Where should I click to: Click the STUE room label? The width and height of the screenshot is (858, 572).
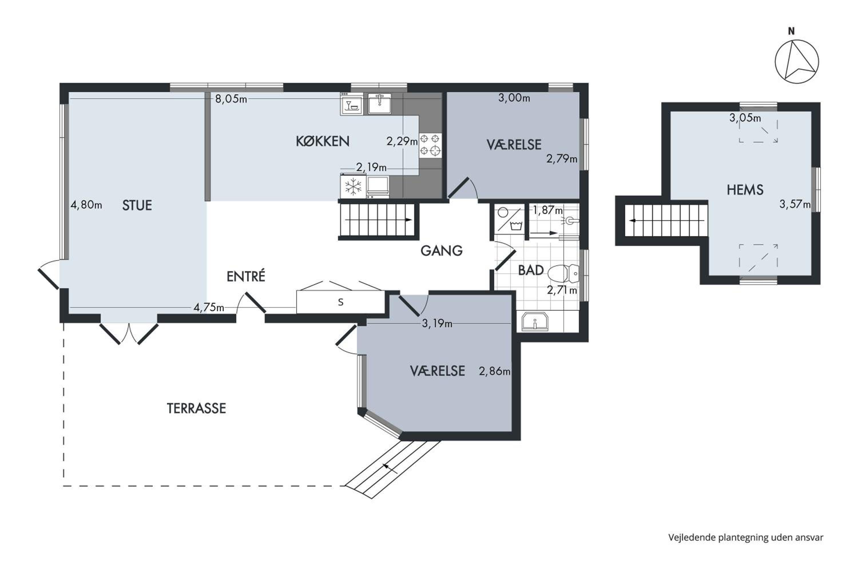pos(137,205)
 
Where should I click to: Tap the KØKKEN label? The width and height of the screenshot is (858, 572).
pos(323,141)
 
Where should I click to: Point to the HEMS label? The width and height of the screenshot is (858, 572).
pos(745,190)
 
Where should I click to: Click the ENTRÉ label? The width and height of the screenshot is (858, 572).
pos(246,276)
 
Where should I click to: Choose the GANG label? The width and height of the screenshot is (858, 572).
pos(441,251)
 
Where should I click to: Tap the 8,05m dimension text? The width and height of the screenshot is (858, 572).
pos(231,99)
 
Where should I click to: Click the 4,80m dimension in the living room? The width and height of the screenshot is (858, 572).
pos(86,205)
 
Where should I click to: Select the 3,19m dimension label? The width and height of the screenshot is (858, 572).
pos(437,323)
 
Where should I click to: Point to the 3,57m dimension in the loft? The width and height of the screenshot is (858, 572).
pos(795,204)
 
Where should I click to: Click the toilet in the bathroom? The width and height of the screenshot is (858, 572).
pos(563,273)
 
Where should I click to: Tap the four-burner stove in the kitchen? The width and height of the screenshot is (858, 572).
pos(430,145)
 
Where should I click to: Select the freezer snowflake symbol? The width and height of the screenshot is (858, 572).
pos(353,187)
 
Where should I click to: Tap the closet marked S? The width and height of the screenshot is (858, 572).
pos(341,302)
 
